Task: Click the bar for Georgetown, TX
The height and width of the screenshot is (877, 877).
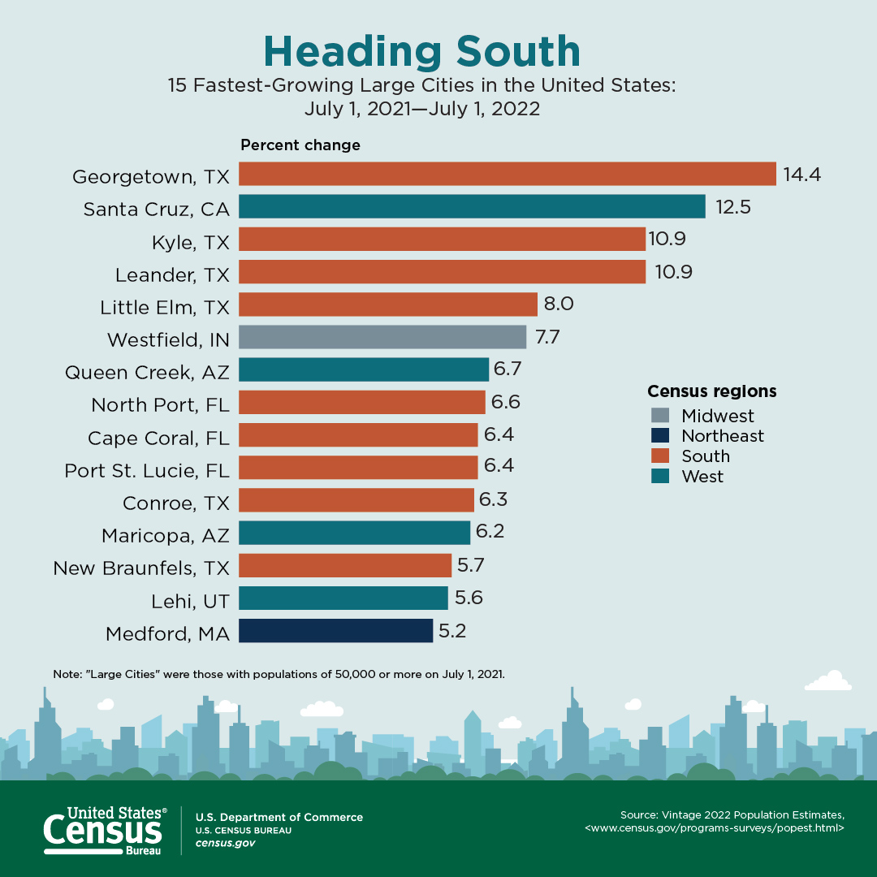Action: click(x=508, y=174)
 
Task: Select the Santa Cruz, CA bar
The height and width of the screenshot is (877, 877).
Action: click(x=472, y=206)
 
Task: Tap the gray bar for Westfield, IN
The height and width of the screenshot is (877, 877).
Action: click(x=382, y=337)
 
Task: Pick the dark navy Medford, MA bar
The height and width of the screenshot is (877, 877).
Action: click(x=335, y=631)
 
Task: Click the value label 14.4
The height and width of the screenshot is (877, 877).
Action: click(x=801, y=174)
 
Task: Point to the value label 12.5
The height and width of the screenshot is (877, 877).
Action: click(x=732, y=207)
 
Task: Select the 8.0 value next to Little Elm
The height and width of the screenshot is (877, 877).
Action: click(x=559, y=305)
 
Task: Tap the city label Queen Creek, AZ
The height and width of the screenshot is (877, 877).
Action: click(x=147, y=373)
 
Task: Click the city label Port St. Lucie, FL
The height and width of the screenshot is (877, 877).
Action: click(x=147, y=470)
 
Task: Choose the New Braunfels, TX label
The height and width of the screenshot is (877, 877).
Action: click(x=141, y=568)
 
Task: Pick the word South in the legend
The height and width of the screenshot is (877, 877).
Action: click(x=706, y=456)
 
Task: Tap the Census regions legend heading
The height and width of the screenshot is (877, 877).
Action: click(x=711, y=391)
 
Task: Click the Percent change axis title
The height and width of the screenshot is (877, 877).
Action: click(x=300, y=145)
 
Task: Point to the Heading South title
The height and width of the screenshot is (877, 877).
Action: click(x=422, y=51)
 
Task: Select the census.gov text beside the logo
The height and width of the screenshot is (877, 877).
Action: click(x=225, y=843)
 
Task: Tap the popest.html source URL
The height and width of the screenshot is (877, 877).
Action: click(x=715, y=828)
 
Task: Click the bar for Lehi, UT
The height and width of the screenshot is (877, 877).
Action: click(x=343, y=598)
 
